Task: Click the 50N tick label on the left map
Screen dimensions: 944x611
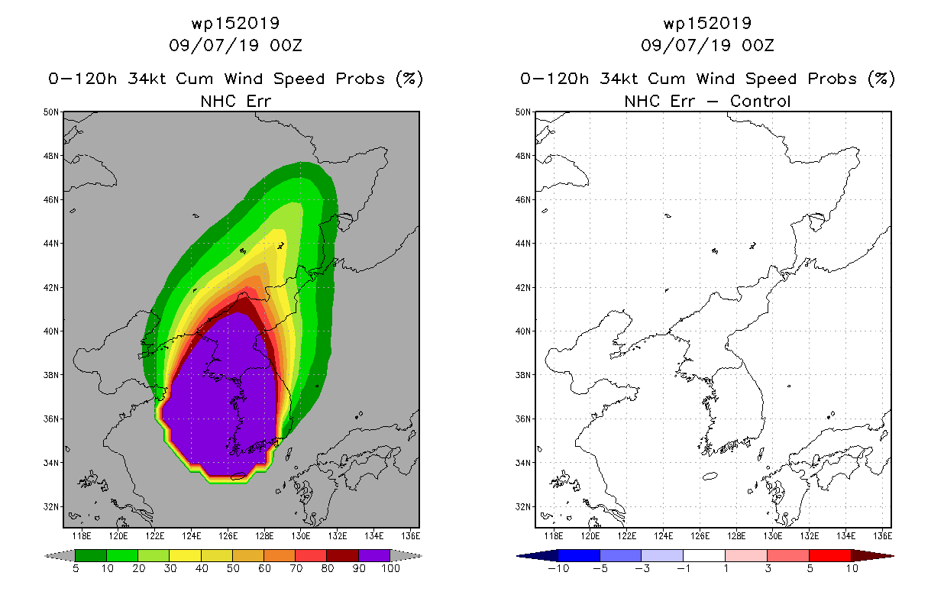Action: [51, 112]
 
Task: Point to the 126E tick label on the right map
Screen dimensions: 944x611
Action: [700, 536]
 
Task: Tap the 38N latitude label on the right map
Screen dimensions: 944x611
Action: [523, 375]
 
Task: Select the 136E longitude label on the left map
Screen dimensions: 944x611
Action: [410, 536]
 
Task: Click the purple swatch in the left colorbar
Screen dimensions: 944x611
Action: [374, 555]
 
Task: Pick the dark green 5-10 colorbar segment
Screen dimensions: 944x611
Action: [91, 555]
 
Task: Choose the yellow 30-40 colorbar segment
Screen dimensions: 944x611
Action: [186, 555]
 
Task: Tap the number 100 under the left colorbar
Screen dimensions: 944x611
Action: [391, 568]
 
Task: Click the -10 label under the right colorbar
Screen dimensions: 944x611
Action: [558, 568]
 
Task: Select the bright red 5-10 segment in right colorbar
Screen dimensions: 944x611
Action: [830, 555]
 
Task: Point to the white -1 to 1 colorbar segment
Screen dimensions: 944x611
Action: [704, 555]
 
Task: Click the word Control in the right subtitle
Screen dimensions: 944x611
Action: [760, 101]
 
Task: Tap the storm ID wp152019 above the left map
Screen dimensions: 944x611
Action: [235, 24]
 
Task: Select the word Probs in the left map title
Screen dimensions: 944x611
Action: [360, 79]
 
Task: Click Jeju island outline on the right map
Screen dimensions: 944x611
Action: [710, 476]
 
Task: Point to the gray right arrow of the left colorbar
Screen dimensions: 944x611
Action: [406, 556]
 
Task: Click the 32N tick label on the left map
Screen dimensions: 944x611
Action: [51, 506]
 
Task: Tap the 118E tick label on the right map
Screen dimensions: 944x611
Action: [554, 536]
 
